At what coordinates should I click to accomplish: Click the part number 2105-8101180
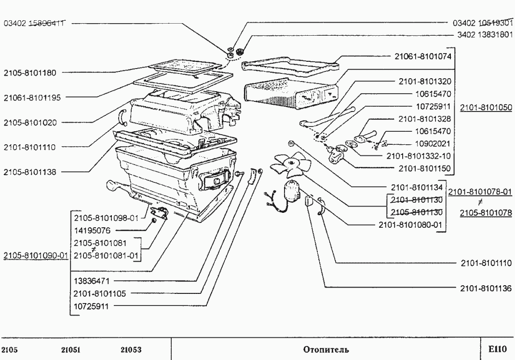pos(30,73)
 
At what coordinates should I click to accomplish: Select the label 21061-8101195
pos(32,97)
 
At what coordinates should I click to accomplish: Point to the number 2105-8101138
pos(30,171)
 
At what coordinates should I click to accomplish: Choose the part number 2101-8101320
pos(425,82)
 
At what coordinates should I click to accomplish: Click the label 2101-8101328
pos(425,119)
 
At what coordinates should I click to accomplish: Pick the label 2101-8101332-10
pos(419,156)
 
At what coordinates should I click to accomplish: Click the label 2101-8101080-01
pos(409,224)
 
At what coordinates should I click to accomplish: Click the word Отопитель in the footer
pos(326,349)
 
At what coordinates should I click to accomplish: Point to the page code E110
pos(496,349)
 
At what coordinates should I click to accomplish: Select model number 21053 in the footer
pos(131,349)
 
